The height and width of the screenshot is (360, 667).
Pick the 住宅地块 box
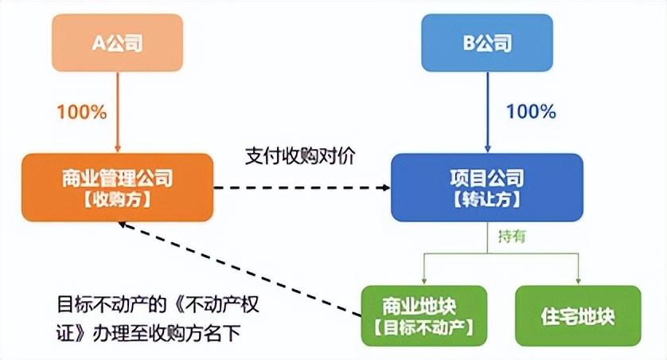578,315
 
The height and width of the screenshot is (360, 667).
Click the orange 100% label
80,112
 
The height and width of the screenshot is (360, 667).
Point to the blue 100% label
531,112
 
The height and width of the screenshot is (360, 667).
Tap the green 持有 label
512,237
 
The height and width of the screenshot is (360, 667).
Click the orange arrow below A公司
118,112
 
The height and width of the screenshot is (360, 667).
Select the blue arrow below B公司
486,112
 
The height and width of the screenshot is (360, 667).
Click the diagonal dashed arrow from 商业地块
239,268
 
